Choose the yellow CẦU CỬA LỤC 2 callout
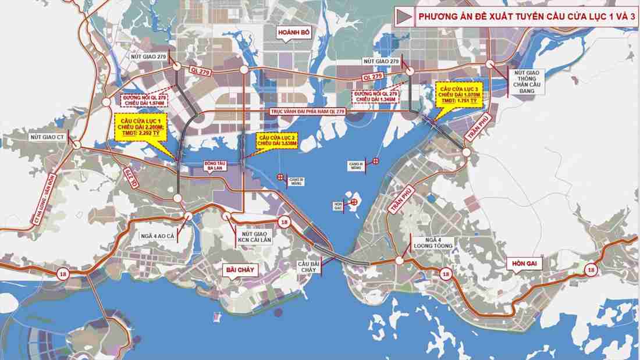(278, 140)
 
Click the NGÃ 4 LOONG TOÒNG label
(431, 243)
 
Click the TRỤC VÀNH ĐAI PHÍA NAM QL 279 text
(308, 111)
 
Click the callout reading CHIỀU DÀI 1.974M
(144, 99)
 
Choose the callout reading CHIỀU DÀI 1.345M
(376, 97)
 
